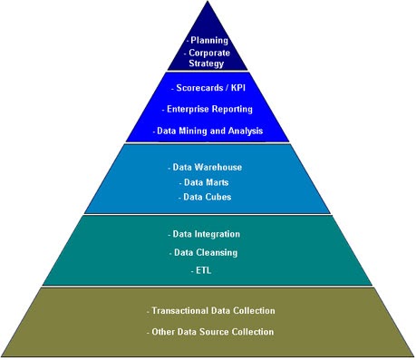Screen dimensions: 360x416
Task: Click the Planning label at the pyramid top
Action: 208,41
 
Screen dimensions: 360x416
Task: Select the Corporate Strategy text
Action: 208,58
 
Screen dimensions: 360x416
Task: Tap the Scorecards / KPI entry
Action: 208,89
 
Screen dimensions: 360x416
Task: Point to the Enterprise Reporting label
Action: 208,110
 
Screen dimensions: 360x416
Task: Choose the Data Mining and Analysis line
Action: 208,131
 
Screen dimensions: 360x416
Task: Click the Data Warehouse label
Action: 206,168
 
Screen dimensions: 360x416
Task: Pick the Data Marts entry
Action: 207,182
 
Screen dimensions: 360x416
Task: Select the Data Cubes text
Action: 208,197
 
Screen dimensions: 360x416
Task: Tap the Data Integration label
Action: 206,234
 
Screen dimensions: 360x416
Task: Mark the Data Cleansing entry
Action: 206,252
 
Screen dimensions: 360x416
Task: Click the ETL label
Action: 202,270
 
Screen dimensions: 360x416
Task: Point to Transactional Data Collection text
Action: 210,311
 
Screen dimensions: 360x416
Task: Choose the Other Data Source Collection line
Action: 210,332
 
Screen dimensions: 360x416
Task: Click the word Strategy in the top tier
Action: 208,64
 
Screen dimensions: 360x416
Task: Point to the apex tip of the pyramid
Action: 208,4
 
